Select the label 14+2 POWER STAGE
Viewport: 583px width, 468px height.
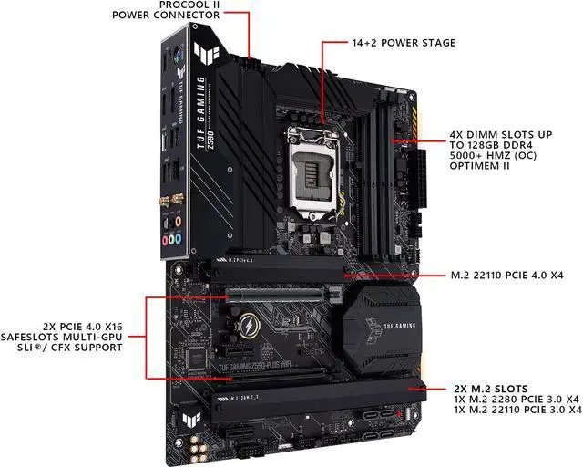404,42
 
